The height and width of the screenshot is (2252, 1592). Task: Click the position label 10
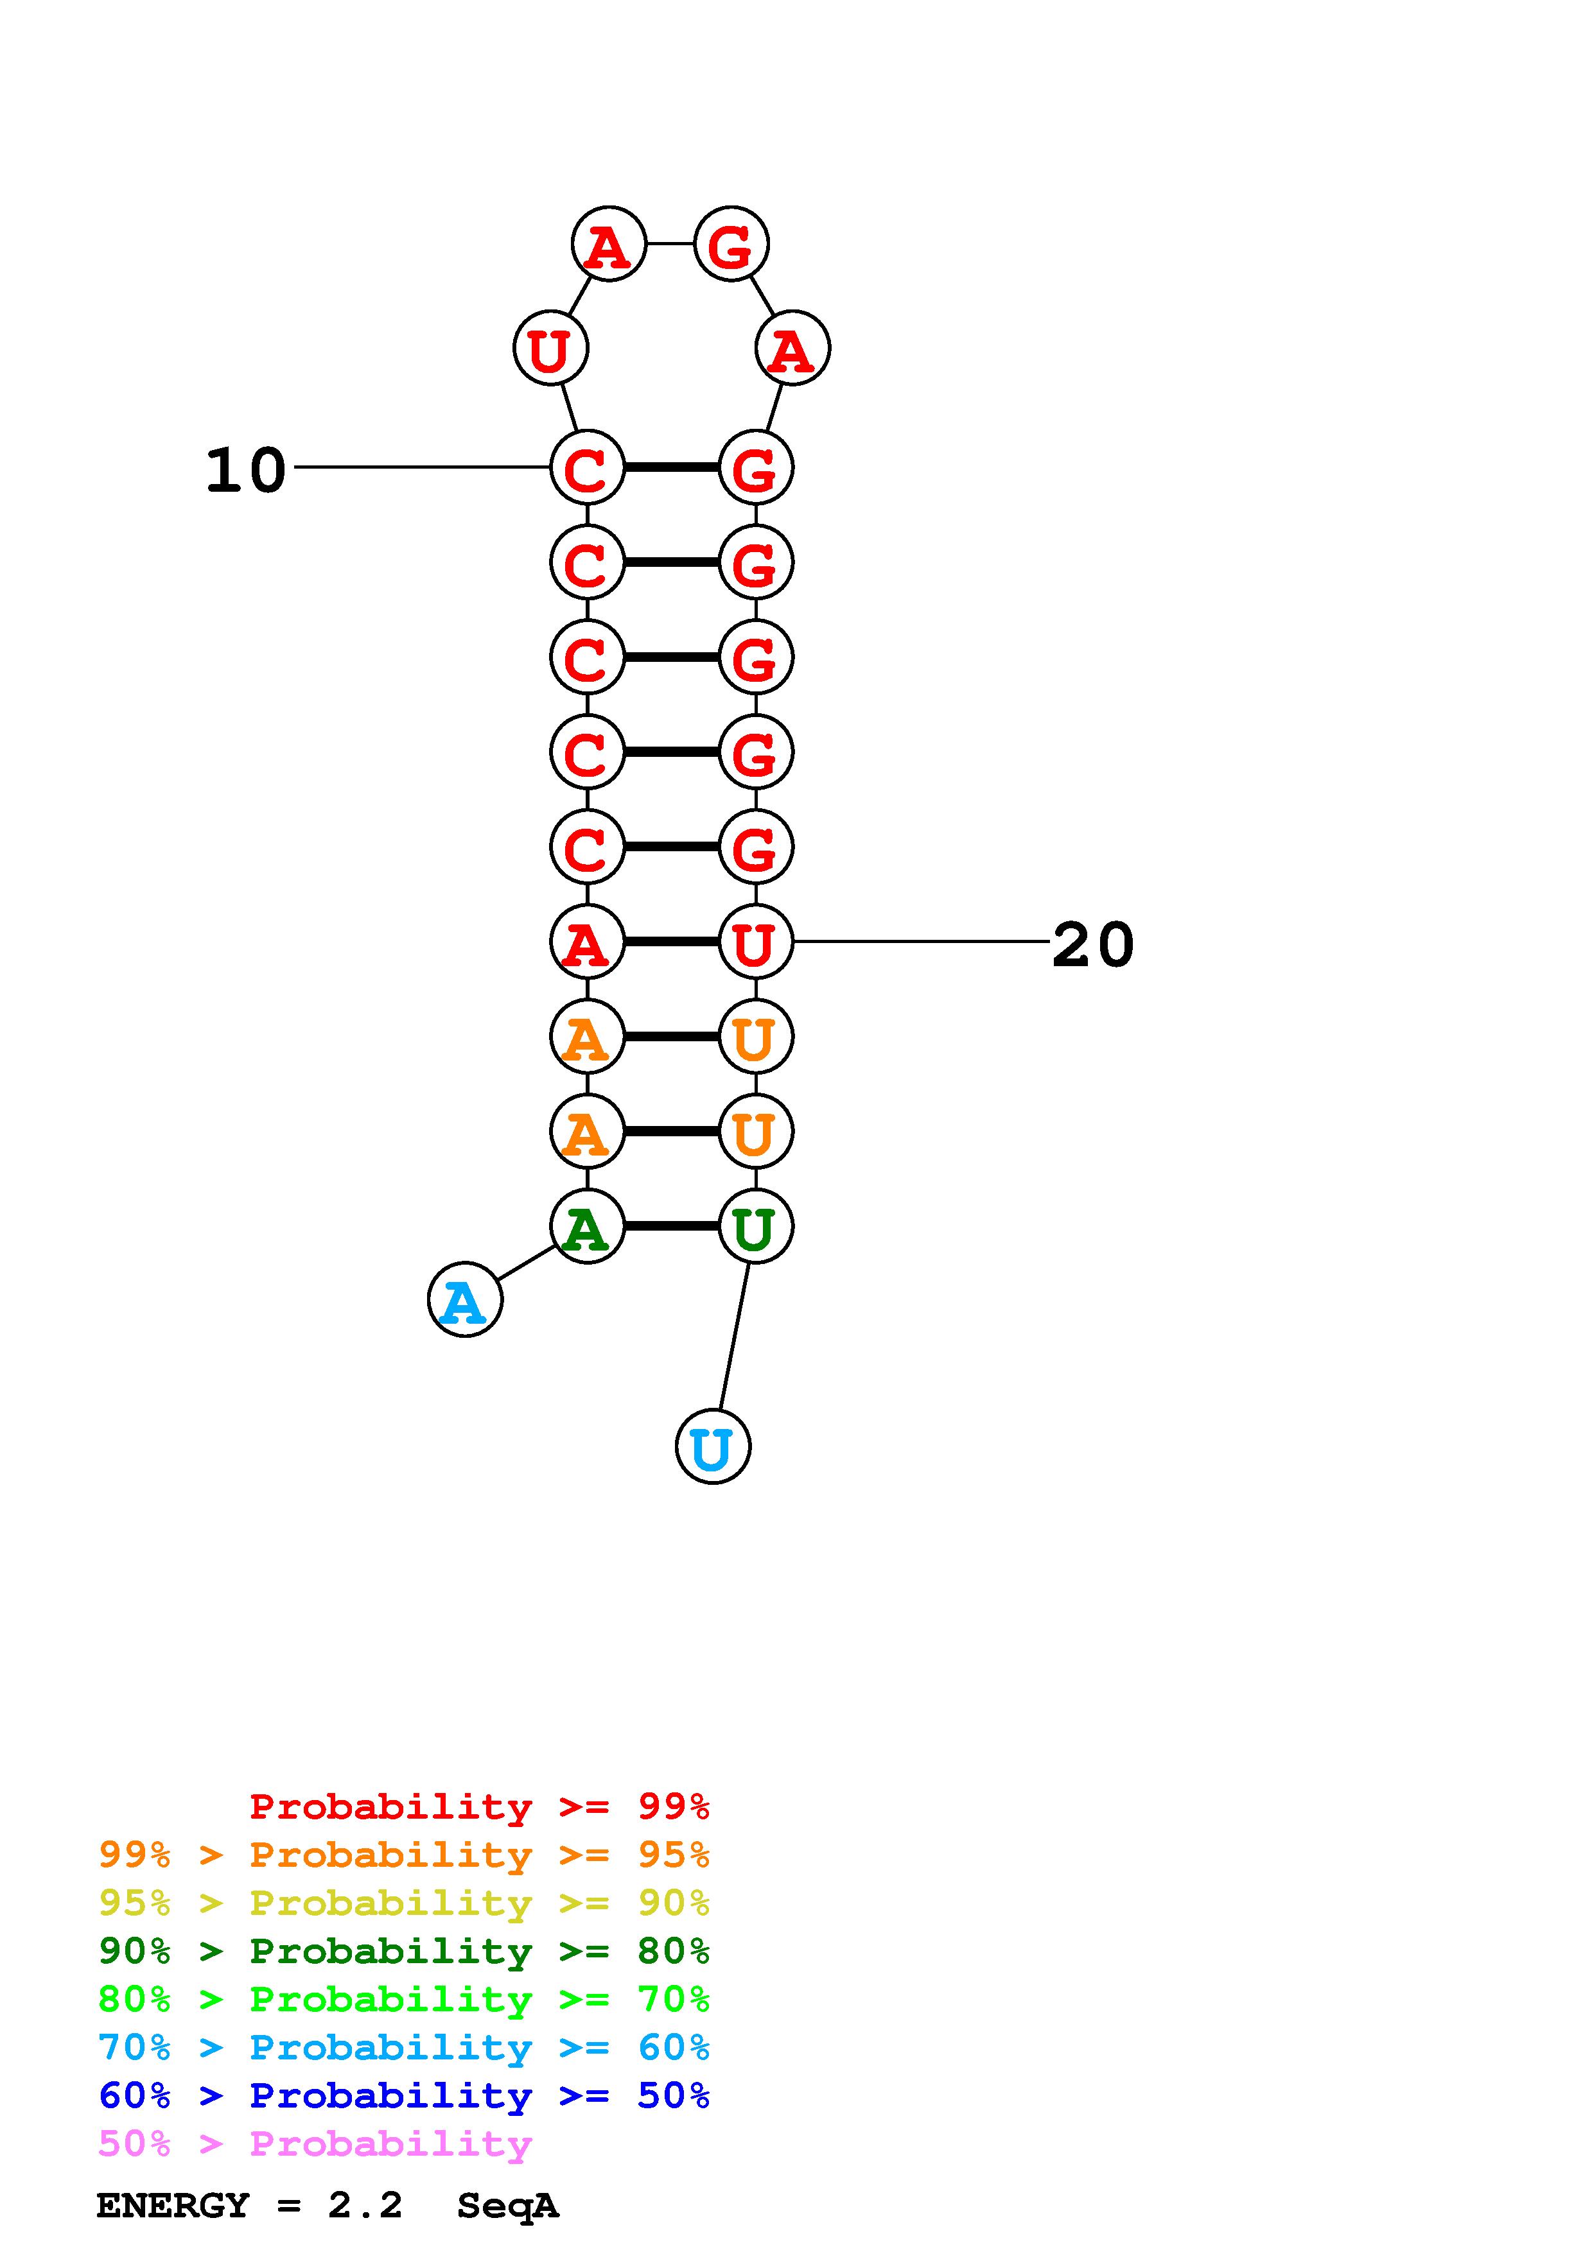[245, 470]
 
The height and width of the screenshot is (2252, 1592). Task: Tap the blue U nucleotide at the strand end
[713, 1447]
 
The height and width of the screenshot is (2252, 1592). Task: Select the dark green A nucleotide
[586, 1226]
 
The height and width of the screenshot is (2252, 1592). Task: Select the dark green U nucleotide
[755, 1226]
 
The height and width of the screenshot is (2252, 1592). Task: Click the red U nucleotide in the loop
[550, 348]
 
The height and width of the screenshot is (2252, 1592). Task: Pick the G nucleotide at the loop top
[731, 244]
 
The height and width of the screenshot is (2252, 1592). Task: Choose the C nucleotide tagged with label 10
[586, 468]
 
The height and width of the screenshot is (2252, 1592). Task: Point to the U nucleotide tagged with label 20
[755, 942]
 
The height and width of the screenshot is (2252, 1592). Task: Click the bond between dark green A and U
[671, 1226]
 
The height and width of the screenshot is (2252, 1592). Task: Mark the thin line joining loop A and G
[670, 243]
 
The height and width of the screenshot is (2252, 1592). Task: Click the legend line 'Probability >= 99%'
[478, 1806]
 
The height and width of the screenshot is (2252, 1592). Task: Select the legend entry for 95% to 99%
[403, 1855]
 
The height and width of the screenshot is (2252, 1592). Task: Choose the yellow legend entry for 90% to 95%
[403, 1903]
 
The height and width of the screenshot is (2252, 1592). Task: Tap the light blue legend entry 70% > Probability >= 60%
[403, 2048]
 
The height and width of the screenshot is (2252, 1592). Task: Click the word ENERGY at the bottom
[173, 2206]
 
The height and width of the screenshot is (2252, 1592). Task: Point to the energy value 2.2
[365, 2206]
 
